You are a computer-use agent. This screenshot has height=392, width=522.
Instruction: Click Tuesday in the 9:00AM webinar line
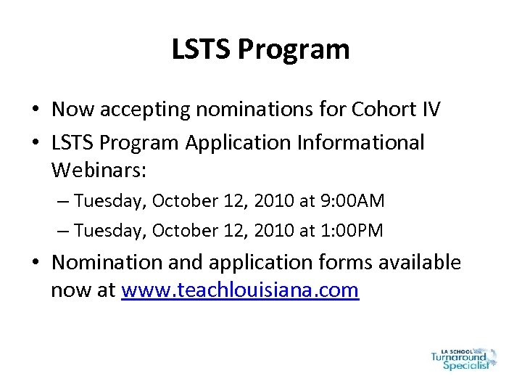coord(110,200)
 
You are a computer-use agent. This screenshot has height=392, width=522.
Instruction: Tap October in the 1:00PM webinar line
coord(181,230)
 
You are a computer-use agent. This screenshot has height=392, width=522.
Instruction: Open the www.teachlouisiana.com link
coord(241,290)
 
